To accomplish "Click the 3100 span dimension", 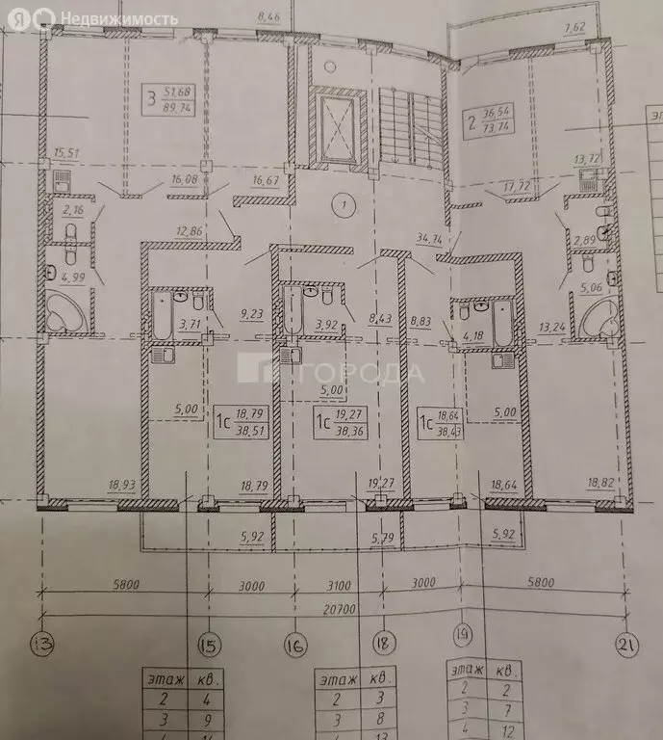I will tap(334, 583).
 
